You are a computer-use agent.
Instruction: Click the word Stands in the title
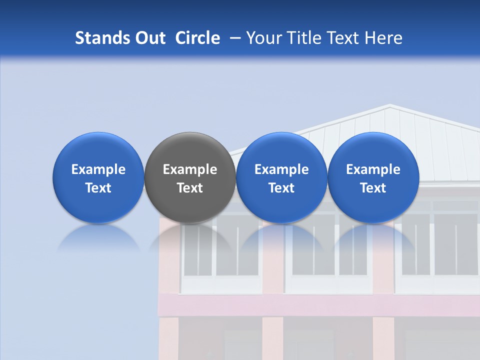coord(101,38)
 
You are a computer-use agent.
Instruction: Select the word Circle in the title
coord(197,38)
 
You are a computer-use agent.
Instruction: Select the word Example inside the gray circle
coord(190,169)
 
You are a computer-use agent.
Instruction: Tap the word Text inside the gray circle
coord(190,188)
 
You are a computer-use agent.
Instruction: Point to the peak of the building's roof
coord(389,105)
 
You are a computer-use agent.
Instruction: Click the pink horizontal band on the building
coord(320,304)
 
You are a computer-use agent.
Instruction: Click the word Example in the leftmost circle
coord(98,169)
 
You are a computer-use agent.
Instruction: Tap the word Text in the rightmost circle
coord(373,188)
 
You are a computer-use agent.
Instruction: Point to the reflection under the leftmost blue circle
coord(98,237)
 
